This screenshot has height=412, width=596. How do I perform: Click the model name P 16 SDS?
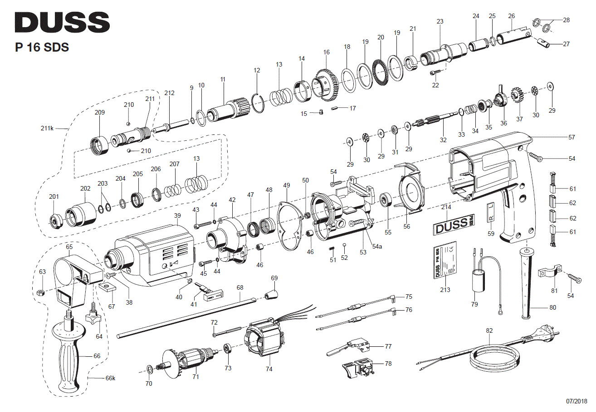(x=42, y=47)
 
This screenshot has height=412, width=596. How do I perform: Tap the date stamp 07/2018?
(x=576, y=402)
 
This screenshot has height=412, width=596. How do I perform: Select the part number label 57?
(x=572, y=137)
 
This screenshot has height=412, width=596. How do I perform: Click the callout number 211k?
(x=47, y=129)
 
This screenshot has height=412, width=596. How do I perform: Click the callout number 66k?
(x=111, y=378)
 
